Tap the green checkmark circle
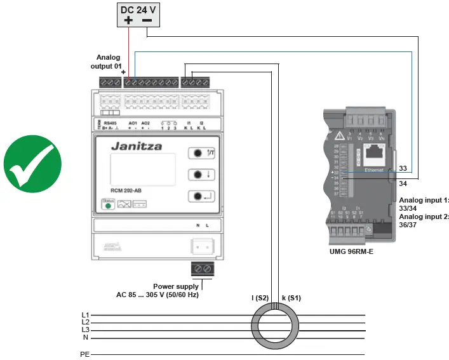pos(32,163)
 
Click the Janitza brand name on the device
pos(137,146)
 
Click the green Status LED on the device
pos(108,205)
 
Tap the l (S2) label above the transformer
pos(260,298)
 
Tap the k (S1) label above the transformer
pos(291,298)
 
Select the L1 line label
pos(85,315)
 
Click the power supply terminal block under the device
pos(202,268)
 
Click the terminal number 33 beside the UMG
pos(403,170)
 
